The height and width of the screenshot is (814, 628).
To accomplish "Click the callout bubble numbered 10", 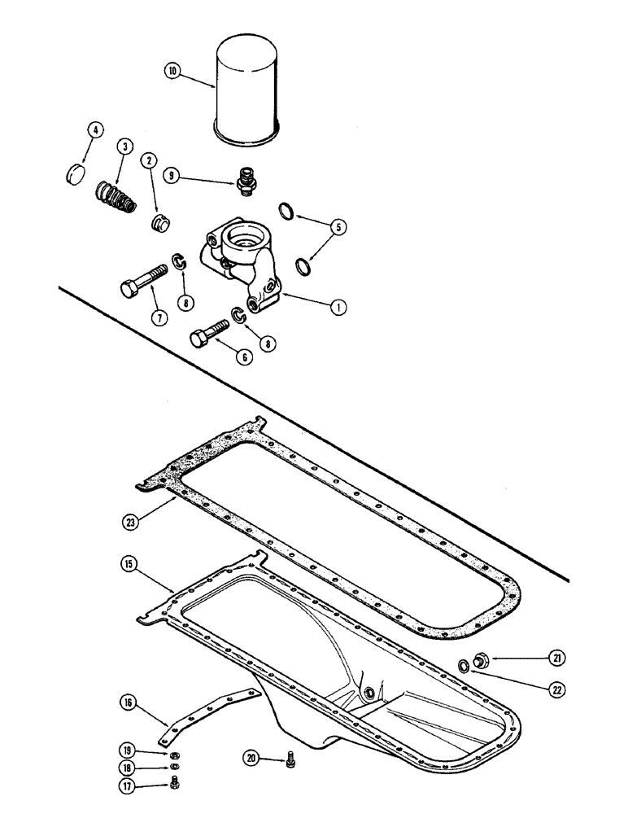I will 172,72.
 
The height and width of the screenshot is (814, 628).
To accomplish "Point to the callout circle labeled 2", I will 150,161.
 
